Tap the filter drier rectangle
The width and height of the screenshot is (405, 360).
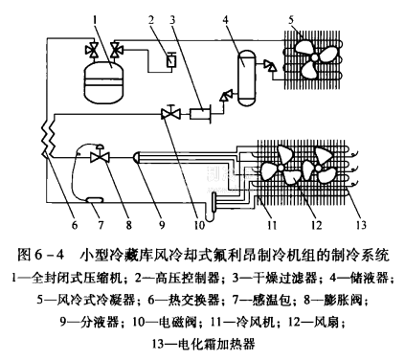(x=200, y=114)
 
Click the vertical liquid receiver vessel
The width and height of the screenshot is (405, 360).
(x=247, y=79)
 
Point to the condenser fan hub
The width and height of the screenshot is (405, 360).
(x=314, y=57)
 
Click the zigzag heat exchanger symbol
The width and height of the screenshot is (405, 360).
(x=48, y=138)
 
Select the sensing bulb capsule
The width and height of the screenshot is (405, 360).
(x=95, y=200)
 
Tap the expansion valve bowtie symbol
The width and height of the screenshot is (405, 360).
(x=100, y=156)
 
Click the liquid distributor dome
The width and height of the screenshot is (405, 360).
(x=137, y=157)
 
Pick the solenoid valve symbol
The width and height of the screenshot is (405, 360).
(x=170, y=113)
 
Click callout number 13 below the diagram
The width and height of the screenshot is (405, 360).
(x=361, y=225)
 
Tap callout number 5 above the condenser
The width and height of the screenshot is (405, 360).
(x=291, y=20)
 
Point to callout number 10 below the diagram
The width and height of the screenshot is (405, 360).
(x=198, y=225)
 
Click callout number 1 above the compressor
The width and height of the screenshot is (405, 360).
(x=95, y=20)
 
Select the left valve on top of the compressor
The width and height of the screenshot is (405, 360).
(x=93, y=51)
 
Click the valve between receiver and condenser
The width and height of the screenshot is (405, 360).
(x=270, y=65)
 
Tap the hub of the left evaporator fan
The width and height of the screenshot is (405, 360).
(x=281, y=168)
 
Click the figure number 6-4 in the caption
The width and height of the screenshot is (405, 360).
(x=50, y=255)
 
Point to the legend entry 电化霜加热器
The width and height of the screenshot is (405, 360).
(x=215, y=345)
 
